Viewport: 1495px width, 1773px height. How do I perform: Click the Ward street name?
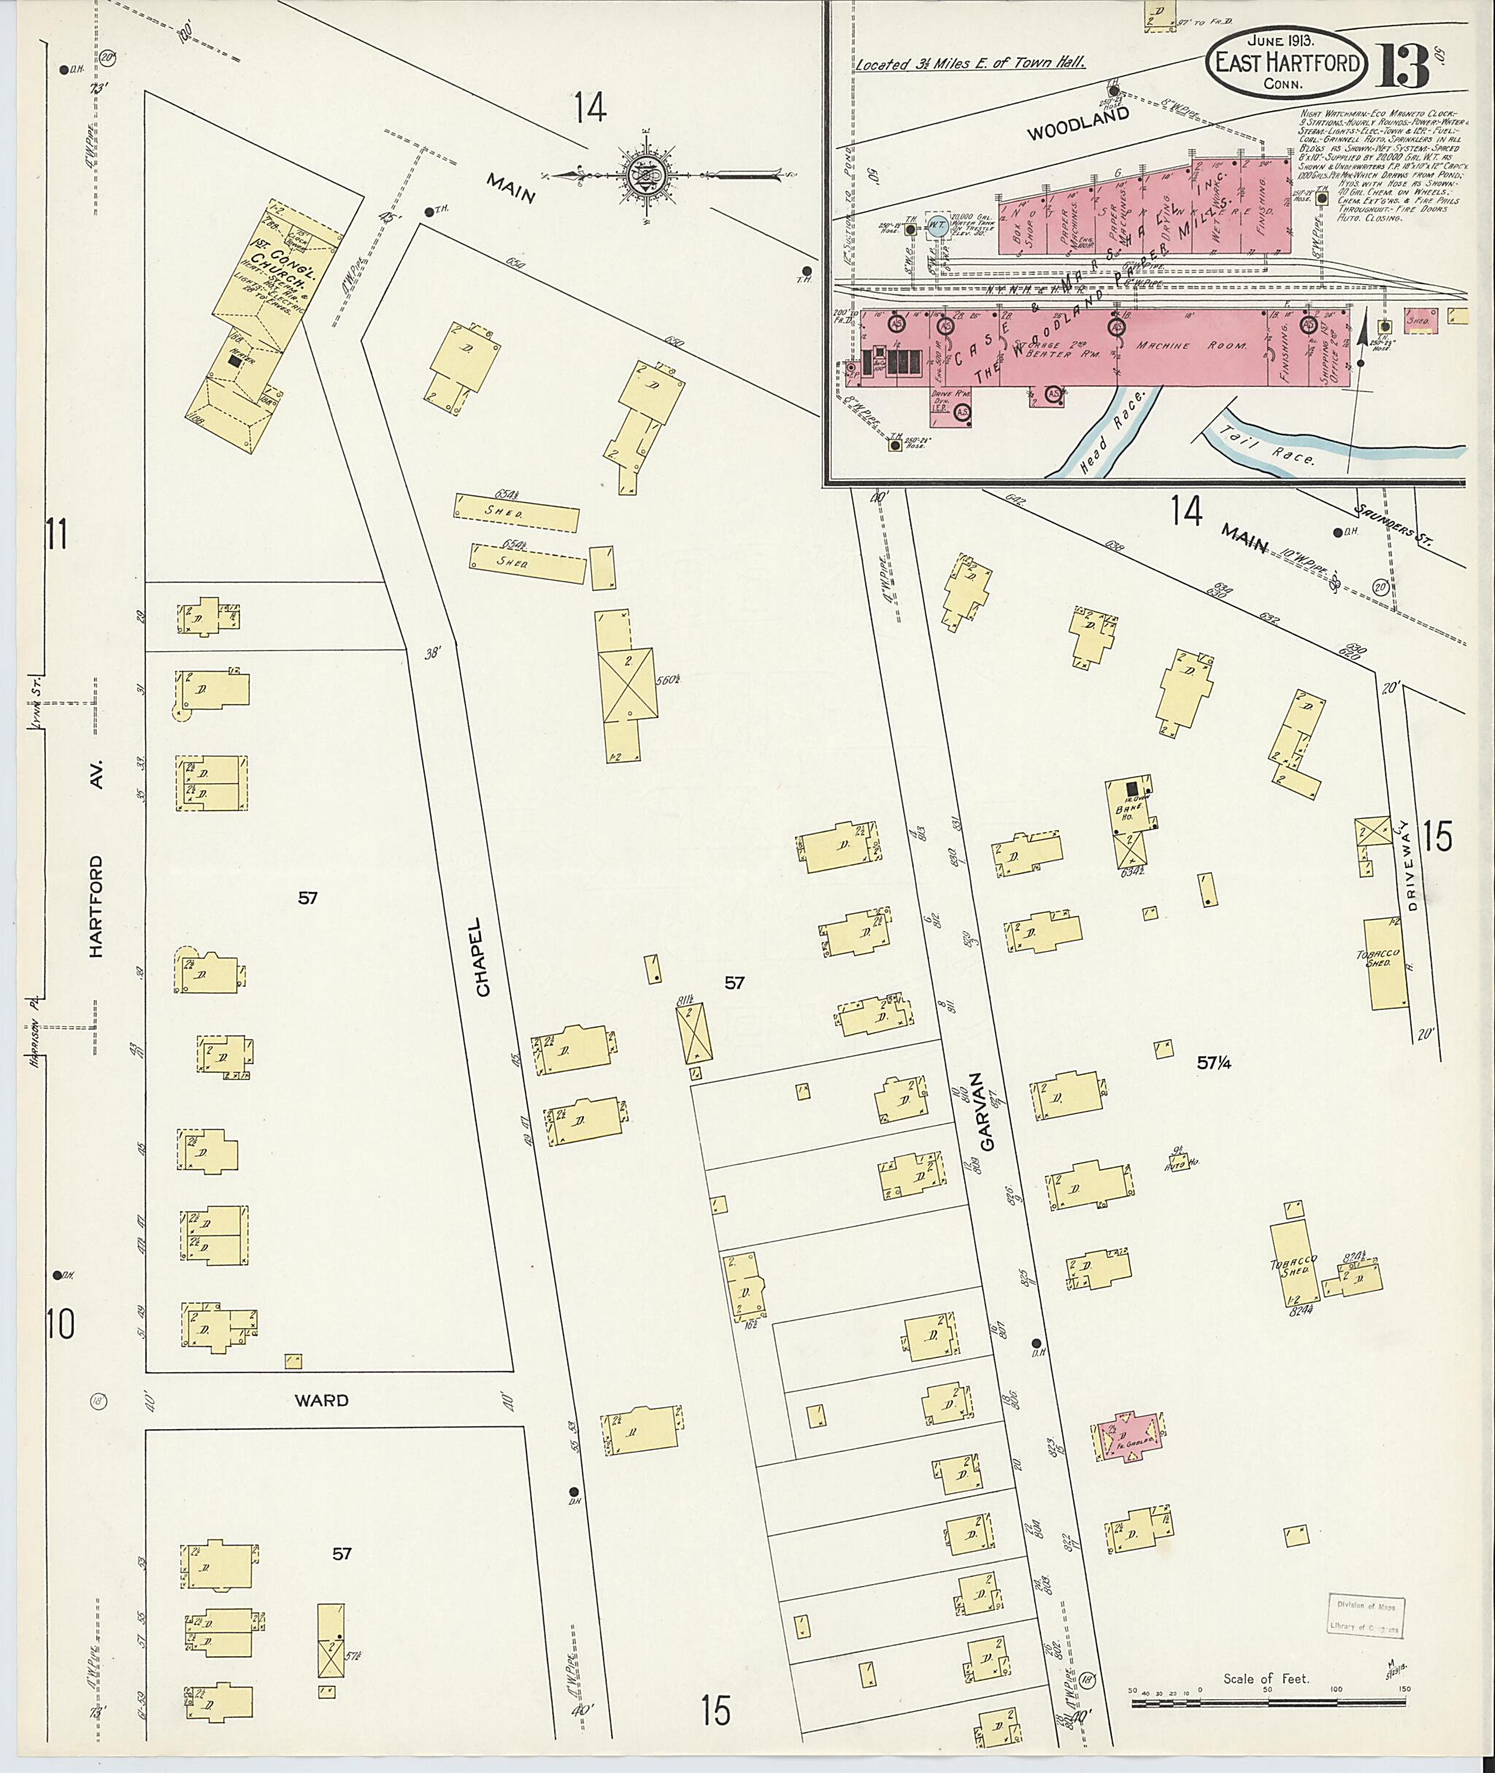pyautogui.click(x=321, y=1400)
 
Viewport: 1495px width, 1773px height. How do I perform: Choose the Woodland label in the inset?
pyautogui.click(x=1078, y=125)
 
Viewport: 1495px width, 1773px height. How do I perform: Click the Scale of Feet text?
pyautogui.click(x=1265, y=1679)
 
